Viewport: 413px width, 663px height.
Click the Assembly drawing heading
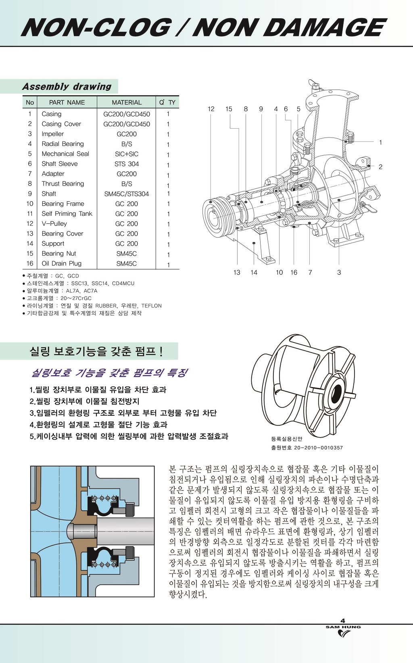[67, 87]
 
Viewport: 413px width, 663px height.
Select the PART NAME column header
[67, 102]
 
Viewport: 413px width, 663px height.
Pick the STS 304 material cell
[127, 164]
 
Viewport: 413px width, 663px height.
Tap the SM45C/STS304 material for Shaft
[127, 194]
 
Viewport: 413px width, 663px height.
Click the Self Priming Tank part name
[67, 214]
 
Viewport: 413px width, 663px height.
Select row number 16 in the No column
[30, 263]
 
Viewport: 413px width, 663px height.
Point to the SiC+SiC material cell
[127, 154]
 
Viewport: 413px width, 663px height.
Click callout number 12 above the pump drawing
[211, 109]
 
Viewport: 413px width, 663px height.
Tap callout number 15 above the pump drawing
[229, 109]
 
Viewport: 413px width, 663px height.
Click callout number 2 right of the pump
[380, 167]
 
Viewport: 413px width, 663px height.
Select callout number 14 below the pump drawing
[254, 273]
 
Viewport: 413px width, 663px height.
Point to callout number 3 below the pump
[339, 273]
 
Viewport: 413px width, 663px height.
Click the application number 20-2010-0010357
[319, 448]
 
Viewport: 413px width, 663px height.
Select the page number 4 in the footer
[343, 621]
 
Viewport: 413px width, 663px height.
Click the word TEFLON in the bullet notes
[151, 306]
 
